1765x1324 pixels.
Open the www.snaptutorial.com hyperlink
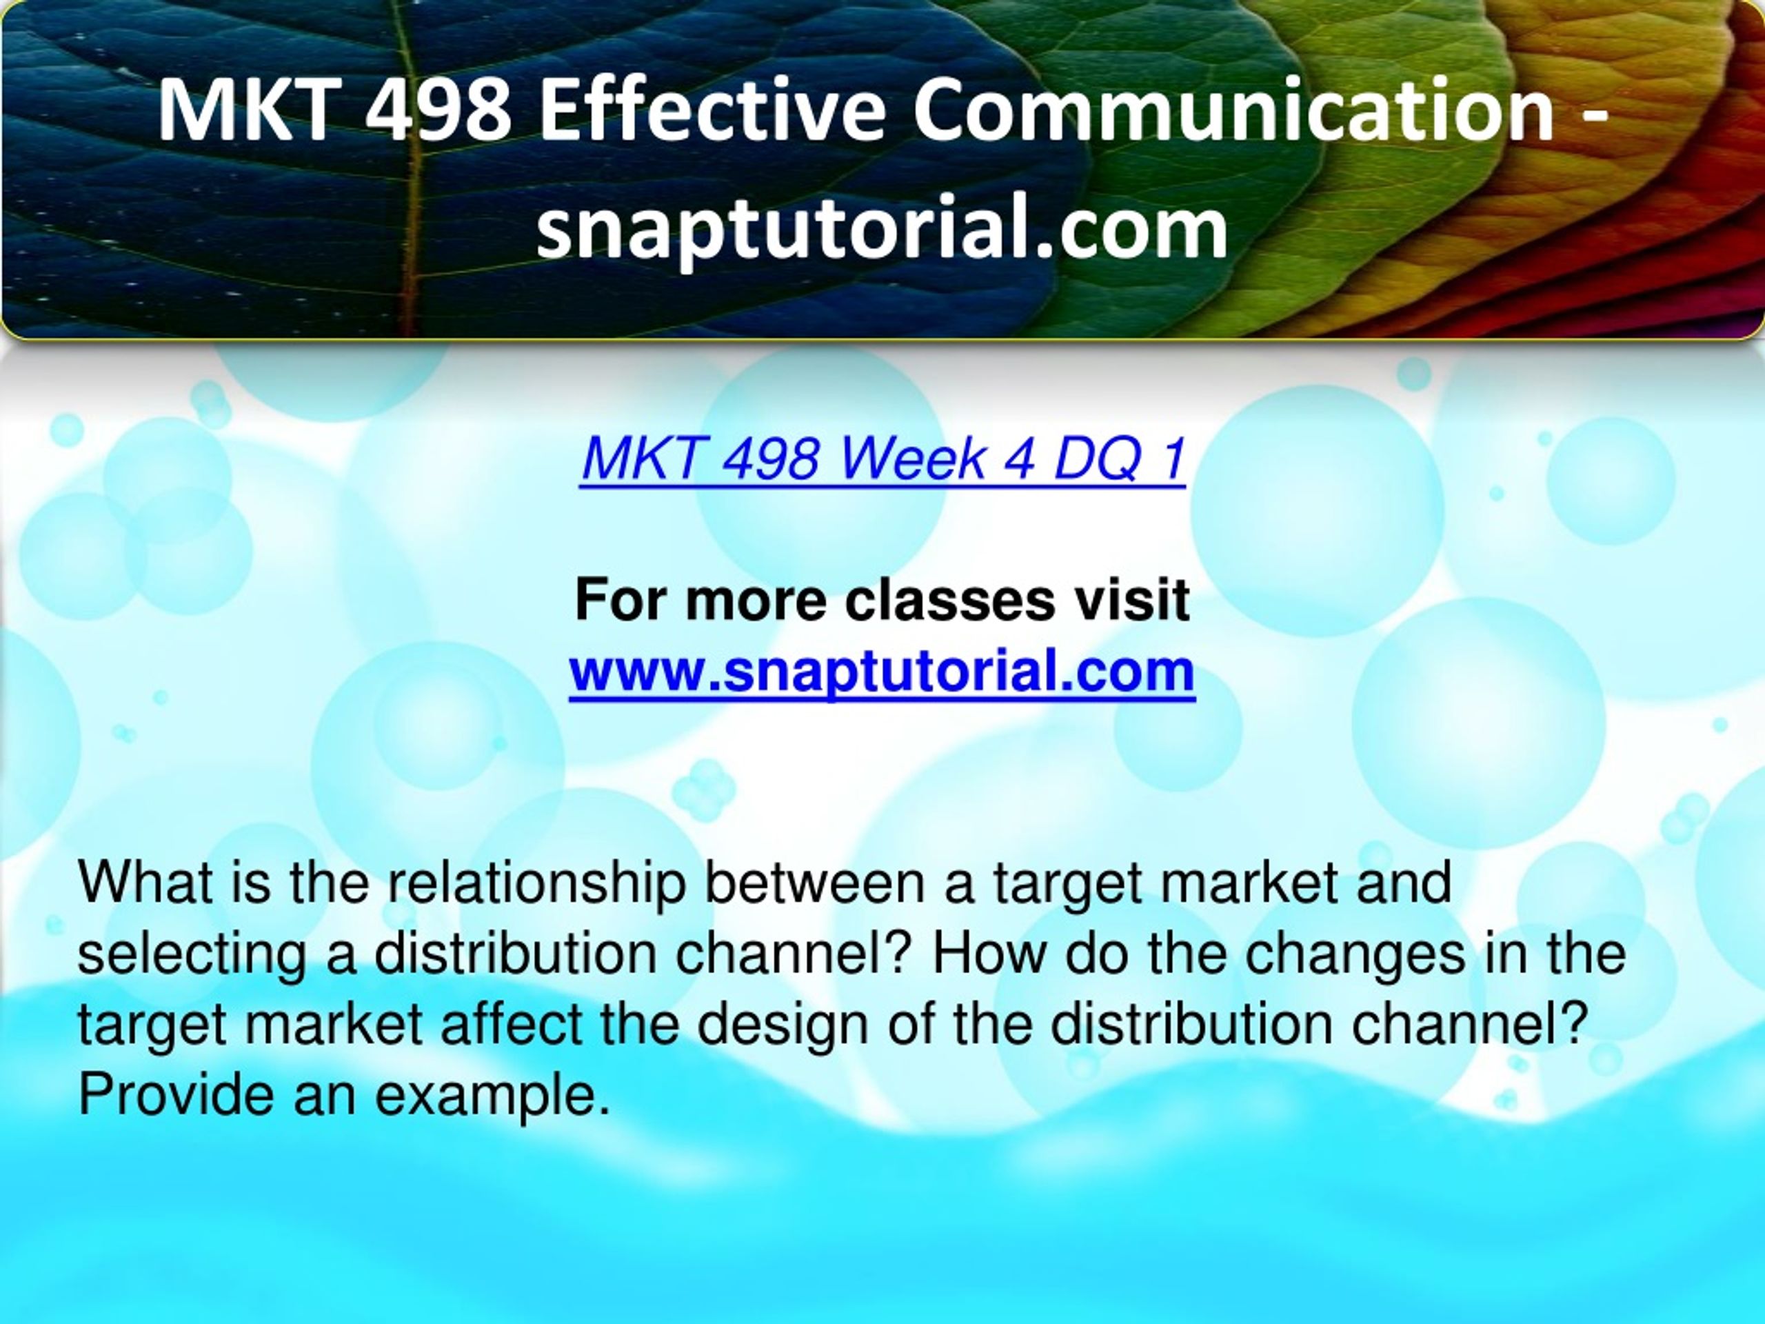882,671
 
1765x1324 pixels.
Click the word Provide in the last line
177,1094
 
